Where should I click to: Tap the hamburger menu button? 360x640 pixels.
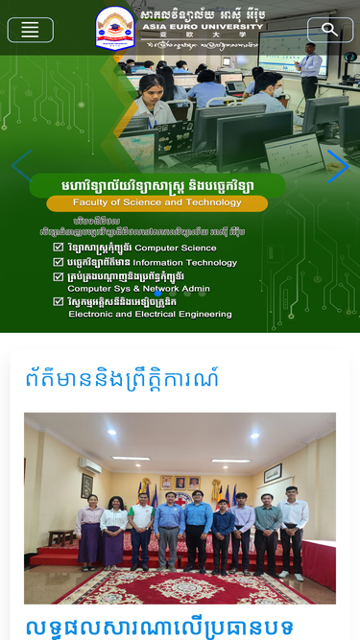pos(30,30)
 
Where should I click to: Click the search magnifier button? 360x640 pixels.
pos(329,30)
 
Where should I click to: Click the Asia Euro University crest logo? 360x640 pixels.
pos(115,28)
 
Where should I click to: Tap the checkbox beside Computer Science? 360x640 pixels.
pos(59,247)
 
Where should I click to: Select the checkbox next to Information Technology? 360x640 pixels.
pos(59,261)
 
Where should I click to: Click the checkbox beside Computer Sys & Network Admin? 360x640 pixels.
pos(59,276)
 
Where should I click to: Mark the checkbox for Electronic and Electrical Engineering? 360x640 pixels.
pos(59,301)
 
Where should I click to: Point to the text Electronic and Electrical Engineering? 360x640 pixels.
pos(150,314)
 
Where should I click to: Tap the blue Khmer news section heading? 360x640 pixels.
pos(122,377)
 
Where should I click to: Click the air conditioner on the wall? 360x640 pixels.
pos(89,465)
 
